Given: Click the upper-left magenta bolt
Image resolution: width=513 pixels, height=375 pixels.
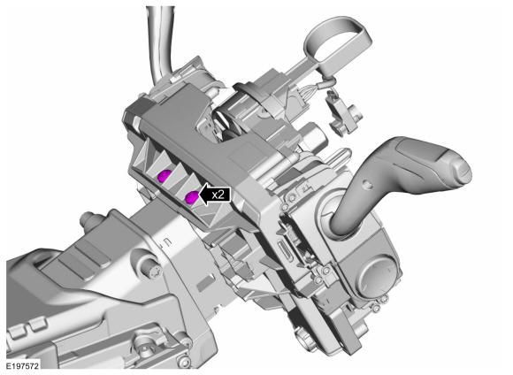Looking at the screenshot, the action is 164,176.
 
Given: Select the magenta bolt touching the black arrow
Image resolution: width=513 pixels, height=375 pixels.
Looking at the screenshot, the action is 192,197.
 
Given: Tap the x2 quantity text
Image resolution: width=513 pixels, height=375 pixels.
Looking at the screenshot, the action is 218,195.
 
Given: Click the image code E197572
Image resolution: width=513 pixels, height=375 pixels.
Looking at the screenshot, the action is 23,365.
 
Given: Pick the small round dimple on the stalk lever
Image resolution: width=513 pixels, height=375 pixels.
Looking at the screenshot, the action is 369,185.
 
